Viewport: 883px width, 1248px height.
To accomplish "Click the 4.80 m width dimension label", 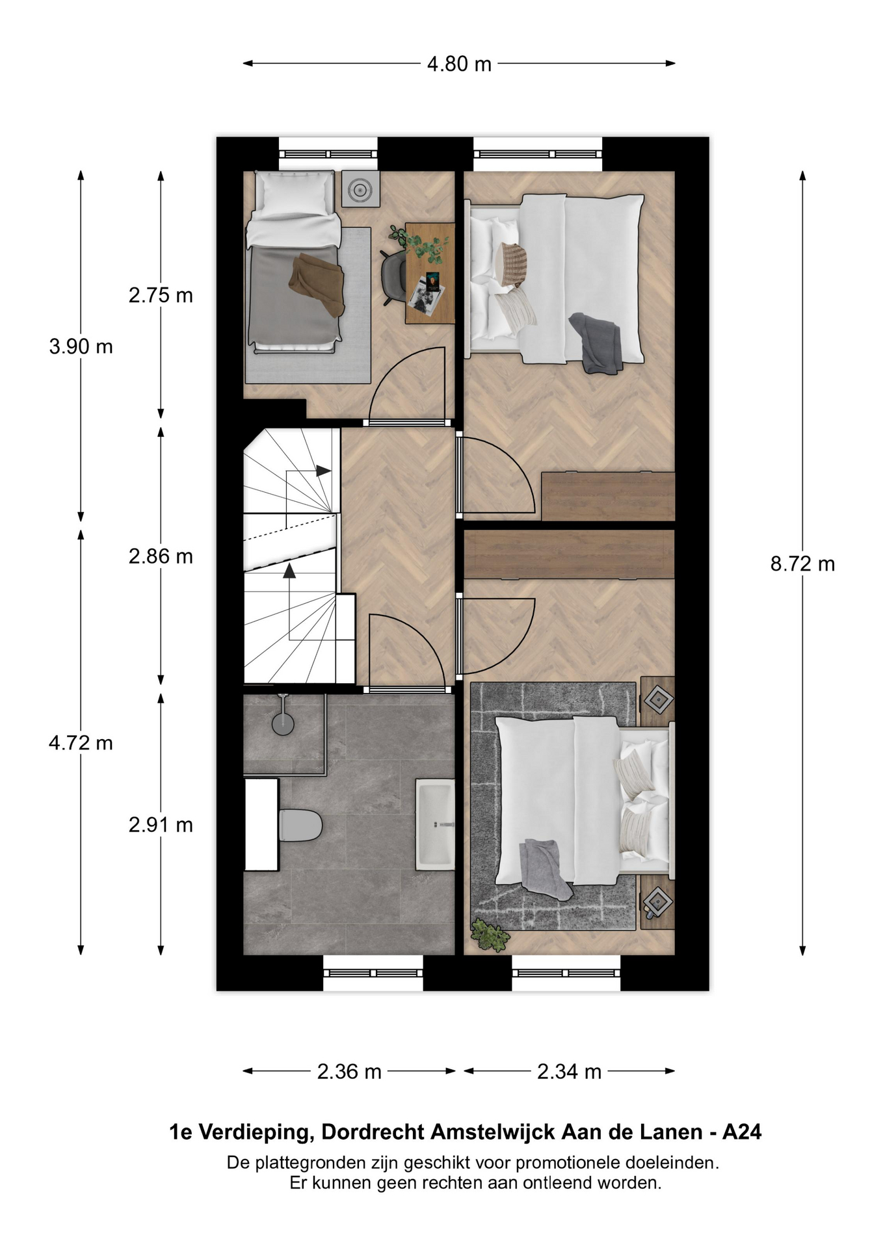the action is click(459, 64).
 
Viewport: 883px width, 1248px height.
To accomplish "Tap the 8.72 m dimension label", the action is click(802, 564).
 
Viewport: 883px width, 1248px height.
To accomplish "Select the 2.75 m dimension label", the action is click(161, 295).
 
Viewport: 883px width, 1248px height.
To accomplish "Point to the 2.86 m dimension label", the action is click(161, 556).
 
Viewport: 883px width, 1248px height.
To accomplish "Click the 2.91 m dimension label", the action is click(161, 825).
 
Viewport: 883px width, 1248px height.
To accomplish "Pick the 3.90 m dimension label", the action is click(81, 346).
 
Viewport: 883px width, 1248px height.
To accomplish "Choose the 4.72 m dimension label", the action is click(81, 742).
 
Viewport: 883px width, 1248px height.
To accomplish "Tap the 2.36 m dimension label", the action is click(349, 1071).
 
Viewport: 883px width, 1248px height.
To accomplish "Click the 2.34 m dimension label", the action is click(569, 1071).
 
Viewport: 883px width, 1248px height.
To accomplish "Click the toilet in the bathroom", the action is click(300, 825).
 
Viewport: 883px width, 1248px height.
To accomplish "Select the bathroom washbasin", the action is click(435, 825).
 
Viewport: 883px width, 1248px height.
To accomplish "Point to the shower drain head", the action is click(283, 723).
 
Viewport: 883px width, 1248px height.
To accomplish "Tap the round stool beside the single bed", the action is click(360, 189).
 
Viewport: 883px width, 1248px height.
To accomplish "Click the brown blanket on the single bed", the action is click(317, 285).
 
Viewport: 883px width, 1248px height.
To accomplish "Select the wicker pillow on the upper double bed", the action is click(510, 265).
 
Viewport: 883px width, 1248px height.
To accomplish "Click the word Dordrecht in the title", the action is click(373, 1132).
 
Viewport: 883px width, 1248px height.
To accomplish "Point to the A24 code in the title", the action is click(742, 1132).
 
